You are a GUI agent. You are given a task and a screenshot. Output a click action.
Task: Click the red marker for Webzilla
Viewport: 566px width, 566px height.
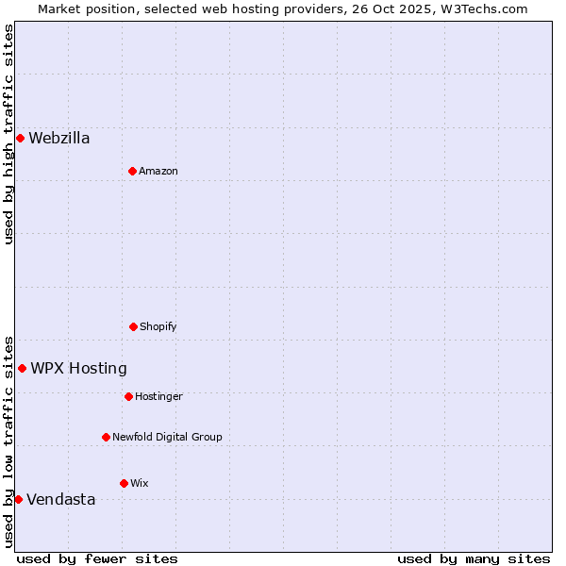click(x=20, y=139)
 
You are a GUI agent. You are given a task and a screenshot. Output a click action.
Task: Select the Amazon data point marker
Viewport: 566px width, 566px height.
click(x=132, y=171)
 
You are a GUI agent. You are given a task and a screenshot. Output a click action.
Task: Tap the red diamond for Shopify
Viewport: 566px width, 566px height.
click(x=133, y=326)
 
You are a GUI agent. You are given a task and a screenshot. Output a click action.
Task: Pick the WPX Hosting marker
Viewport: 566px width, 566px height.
click(x=22, y=368)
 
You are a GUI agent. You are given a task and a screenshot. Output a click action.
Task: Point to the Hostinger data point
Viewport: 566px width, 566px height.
click(x=128, y=396)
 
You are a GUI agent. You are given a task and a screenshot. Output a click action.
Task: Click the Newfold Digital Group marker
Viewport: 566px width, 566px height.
click(x=106, y=437)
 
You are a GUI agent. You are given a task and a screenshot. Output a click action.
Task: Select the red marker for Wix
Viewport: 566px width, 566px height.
click(x=124, y=483)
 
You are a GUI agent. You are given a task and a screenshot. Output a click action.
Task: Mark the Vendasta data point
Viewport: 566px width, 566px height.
click(x=18, y=499)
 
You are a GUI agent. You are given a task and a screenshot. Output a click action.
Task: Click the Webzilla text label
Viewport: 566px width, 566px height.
click(x=59, y=139)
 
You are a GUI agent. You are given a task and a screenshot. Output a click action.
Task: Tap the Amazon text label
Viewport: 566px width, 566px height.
click(x=158, y=171)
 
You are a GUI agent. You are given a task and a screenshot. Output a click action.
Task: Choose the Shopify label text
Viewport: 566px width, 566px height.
click(x=158, y=326)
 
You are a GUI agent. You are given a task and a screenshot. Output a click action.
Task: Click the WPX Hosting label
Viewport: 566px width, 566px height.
click(x=78, y=368)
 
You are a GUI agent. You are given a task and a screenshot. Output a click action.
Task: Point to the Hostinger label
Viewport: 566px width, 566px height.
click(x=158, y=396)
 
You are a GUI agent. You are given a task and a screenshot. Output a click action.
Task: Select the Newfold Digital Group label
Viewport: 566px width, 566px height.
click(x=167, y=437)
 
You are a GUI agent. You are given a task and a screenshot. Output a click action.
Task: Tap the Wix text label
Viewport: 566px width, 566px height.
click(x=140, y=483)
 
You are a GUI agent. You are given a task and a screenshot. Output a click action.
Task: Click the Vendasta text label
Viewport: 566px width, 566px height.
click(x=60, y=499)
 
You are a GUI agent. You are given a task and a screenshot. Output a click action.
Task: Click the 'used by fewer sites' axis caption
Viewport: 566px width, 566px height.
click(x=97, y=558)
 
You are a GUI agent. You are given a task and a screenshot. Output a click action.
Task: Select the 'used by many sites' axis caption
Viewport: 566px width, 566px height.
click(x=474, y=558)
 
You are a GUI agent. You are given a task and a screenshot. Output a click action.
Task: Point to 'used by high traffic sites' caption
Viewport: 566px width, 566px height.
click(x=8, y=134)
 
